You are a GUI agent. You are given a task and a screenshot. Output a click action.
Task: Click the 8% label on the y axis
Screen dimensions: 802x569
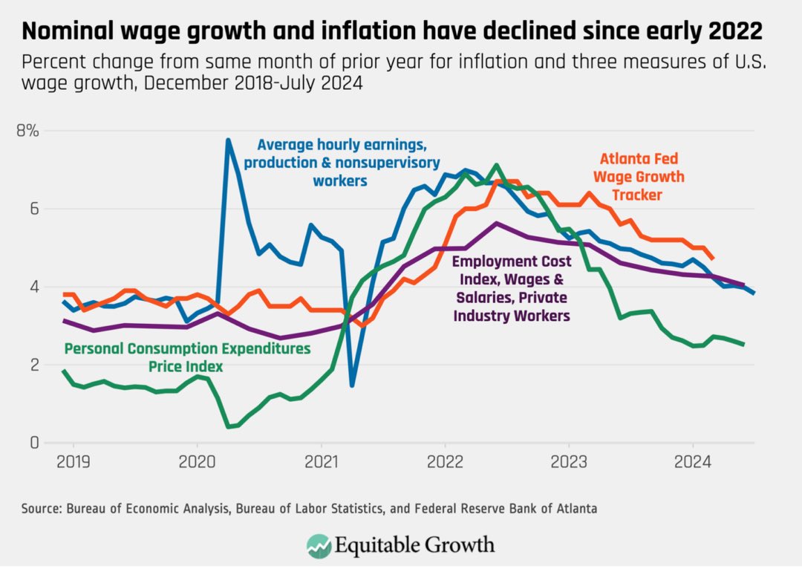[x=27, y=131]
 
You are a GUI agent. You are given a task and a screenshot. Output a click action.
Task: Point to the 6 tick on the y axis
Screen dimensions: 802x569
[x=33, y=209]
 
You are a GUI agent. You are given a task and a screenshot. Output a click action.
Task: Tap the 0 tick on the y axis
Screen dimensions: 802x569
[x=34, y=442]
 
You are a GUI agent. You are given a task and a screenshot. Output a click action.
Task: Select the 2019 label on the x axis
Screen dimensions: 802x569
[x=73, y=462]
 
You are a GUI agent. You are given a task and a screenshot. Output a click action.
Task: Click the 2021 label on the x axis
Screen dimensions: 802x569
[x=322, y=462]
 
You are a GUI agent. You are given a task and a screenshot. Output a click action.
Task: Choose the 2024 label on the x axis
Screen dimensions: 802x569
[x=693, y=462]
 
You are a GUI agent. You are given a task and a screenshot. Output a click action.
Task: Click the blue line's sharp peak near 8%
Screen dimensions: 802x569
[x=228, y=140]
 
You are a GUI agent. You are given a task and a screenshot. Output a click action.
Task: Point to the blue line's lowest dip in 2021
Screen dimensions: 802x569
[x=352, y=385]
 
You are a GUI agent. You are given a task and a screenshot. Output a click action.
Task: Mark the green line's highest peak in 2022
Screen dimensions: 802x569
[x=496, y=165]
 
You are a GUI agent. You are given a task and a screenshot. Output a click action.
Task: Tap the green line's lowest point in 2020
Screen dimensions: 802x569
[x=228, y=426]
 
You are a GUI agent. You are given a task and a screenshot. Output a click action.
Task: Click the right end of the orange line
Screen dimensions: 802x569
[x=712, y=259]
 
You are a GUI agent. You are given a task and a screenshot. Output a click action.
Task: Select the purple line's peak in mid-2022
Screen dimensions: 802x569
[x=495, y=224]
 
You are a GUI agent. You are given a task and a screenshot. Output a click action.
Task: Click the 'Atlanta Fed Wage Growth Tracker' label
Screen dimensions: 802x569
[x=639, y=177]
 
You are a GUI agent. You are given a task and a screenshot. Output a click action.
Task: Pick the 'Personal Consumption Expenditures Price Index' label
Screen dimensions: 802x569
[x=187, y=357]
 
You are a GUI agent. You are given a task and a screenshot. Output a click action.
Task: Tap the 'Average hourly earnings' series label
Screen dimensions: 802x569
[x=342, y=163]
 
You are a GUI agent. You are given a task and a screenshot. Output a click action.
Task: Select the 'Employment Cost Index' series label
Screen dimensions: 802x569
[x=512, y=288]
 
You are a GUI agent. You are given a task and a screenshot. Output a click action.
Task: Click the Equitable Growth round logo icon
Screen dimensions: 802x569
[x=319, y=545]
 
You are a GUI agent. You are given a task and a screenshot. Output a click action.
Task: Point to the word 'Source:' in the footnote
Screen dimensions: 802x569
[x=42, y=509]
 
